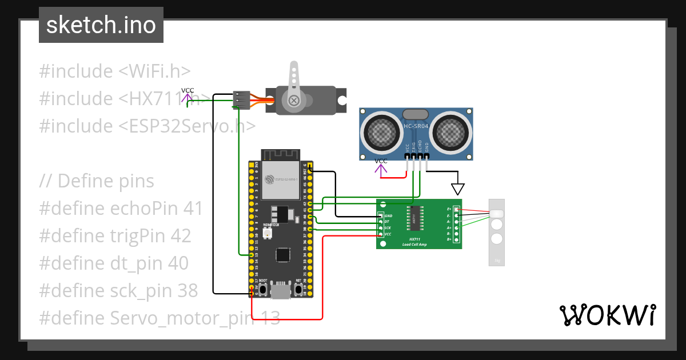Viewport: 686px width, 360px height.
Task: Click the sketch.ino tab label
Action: click(101, 25)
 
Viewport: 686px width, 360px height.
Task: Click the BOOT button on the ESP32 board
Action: click(263, 289)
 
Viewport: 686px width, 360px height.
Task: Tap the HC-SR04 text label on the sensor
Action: click(416, 126)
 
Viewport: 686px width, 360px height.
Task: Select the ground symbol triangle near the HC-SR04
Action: click(458, 189)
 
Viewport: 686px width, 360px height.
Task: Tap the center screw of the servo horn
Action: click(294, 101)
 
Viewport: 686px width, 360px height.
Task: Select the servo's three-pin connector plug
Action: click(242, 100)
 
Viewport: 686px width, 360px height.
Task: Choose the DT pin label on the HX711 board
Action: click(387, 221)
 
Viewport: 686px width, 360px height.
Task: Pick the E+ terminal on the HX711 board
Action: click(456, 209)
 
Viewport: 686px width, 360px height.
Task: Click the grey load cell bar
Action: click(497, 232)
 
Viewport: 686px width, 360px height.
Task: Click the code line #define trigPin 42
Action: click(115, 236)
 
